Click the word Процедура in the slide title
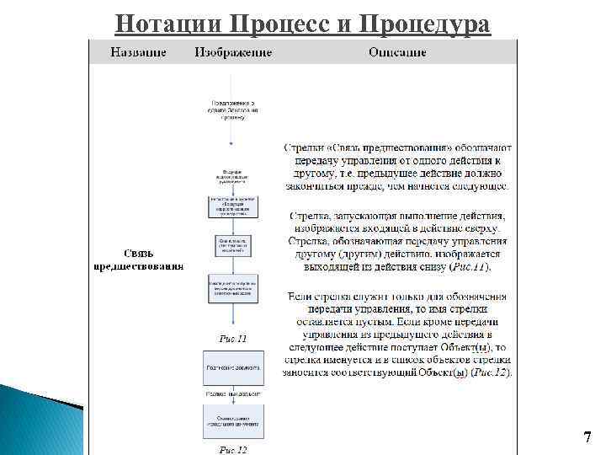point(424,23)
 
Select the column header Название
point(139,52)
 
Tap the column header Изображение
point(233,52)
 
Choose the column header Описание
point(397,52)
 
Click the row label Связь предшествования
point(138,260)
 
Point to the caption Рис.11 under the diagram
point(233,339)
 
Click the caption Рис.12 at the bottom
point(233,449)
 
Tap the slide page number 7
point(587,437)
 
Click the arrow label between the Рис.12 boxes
point(233,393)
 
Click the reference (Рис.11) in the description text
point(468,266)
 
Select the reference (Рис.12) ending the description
point(490,372)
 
